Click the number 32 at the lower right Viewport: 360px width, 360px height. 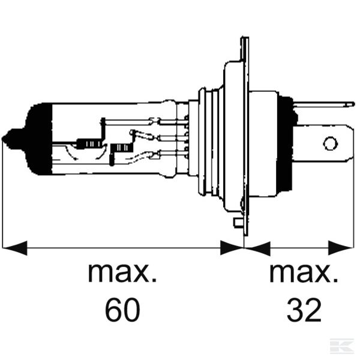tap(304, 310)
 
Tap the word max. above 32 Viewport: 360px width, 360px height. tap(303, 273)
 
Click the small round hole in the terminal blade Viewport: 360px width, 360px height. tap(329, 144)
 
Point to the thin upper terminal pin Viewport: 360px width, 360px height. tap(327, 104)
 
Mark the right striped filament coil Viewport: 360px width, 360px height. tap(123, 147)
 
